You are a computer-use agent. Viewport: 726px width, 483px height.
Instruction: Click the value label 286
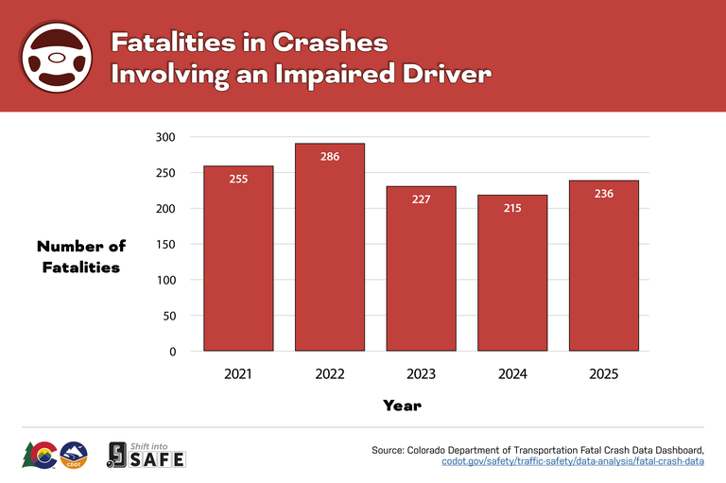pos(330,157)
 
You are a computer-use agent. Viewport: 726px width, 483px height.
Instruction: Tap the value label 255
pos(238,179)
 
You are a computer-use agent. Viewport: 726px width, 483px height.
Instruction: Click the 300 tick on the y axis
pos(165,137)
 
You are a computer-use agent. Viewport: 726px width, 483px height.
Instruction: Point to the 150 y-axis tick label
pos(165,244)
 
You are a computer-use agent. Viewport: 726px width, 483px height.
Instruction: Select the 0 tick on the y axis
pos(171,352)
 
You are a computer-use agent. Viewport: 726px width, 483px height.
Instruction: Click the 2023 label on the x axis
pos(422,374)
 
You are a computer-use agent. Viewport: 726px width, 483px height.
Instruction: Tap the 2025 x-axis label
pos(604,374)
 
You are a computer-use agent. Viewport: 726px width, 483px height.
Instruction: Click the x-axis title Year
pos(402,405)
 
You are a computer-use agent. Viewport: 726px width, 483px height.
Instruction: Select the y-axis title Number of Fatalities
pos(81,256)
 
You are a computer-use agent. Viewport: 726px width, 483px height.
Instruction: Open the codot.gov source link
pos(573,461)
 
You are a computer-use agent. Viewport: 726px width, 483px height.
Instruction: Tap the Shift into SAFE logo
pos(146,455)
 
